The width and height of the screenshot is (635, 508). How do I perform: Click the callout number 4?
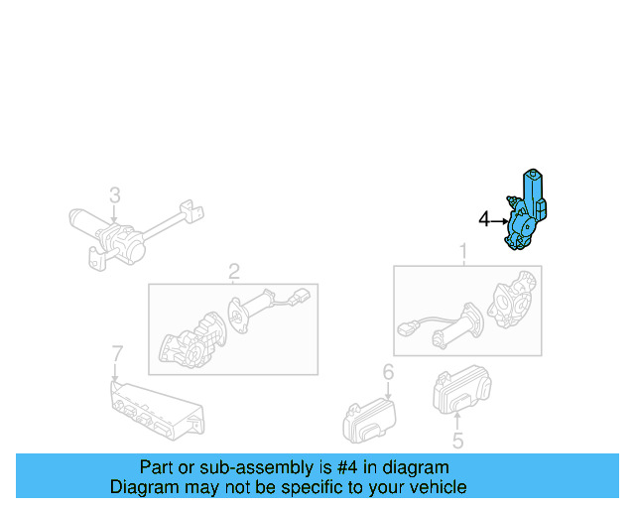(x=484, y=219)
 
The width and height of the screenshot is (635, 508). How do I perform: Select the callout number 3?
(x=114, y=193)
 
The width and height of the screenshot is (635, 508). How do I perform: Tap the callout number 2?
(x=234, y=271)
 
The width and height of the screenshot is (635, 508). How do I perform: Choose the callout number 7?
(x=116, y=353)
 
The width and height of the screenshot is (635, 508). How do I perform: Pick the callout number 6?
(x=388, y=372)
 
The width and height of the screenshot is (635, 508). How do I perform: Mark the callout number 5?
(x=457, y=442)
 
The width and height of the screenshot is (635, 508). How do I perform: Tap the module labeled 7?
(x=154, y=408)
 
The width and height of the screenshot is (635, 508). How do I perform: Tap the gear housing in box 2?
(x=191, y=337)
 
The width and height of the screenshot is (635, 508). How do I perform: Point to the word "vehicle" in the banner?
(x=438, y=487)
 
